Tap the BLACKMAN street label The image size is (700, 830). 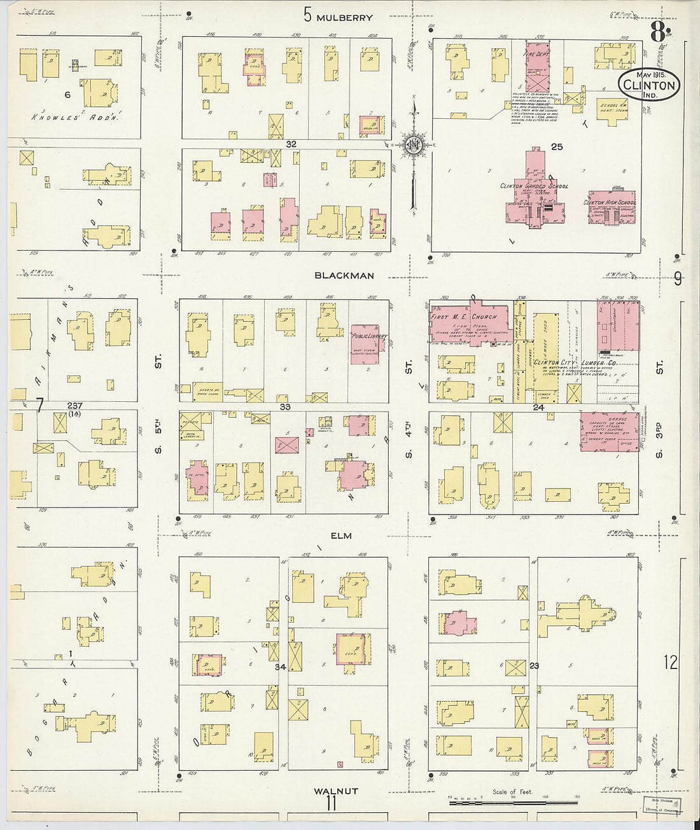point(344,275)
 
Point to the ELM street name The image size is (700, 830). point(341,536)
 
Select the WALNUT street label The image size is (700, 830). point(336,791)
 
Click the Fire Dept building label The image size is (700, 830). point(535,55)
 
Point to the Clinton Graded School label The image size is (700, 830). point(534,186)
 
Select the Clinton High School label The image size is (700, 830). point(610,202)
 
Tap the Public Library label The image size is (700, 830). point(368,336)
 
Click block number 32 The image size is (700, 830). point(291,144)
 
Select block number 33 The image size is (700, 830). point(285,406)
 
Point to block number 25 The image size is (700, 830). point(557,147)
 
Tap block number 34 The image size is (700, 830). point(280,667)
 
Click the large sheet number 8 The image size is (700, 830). point(657,29)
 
